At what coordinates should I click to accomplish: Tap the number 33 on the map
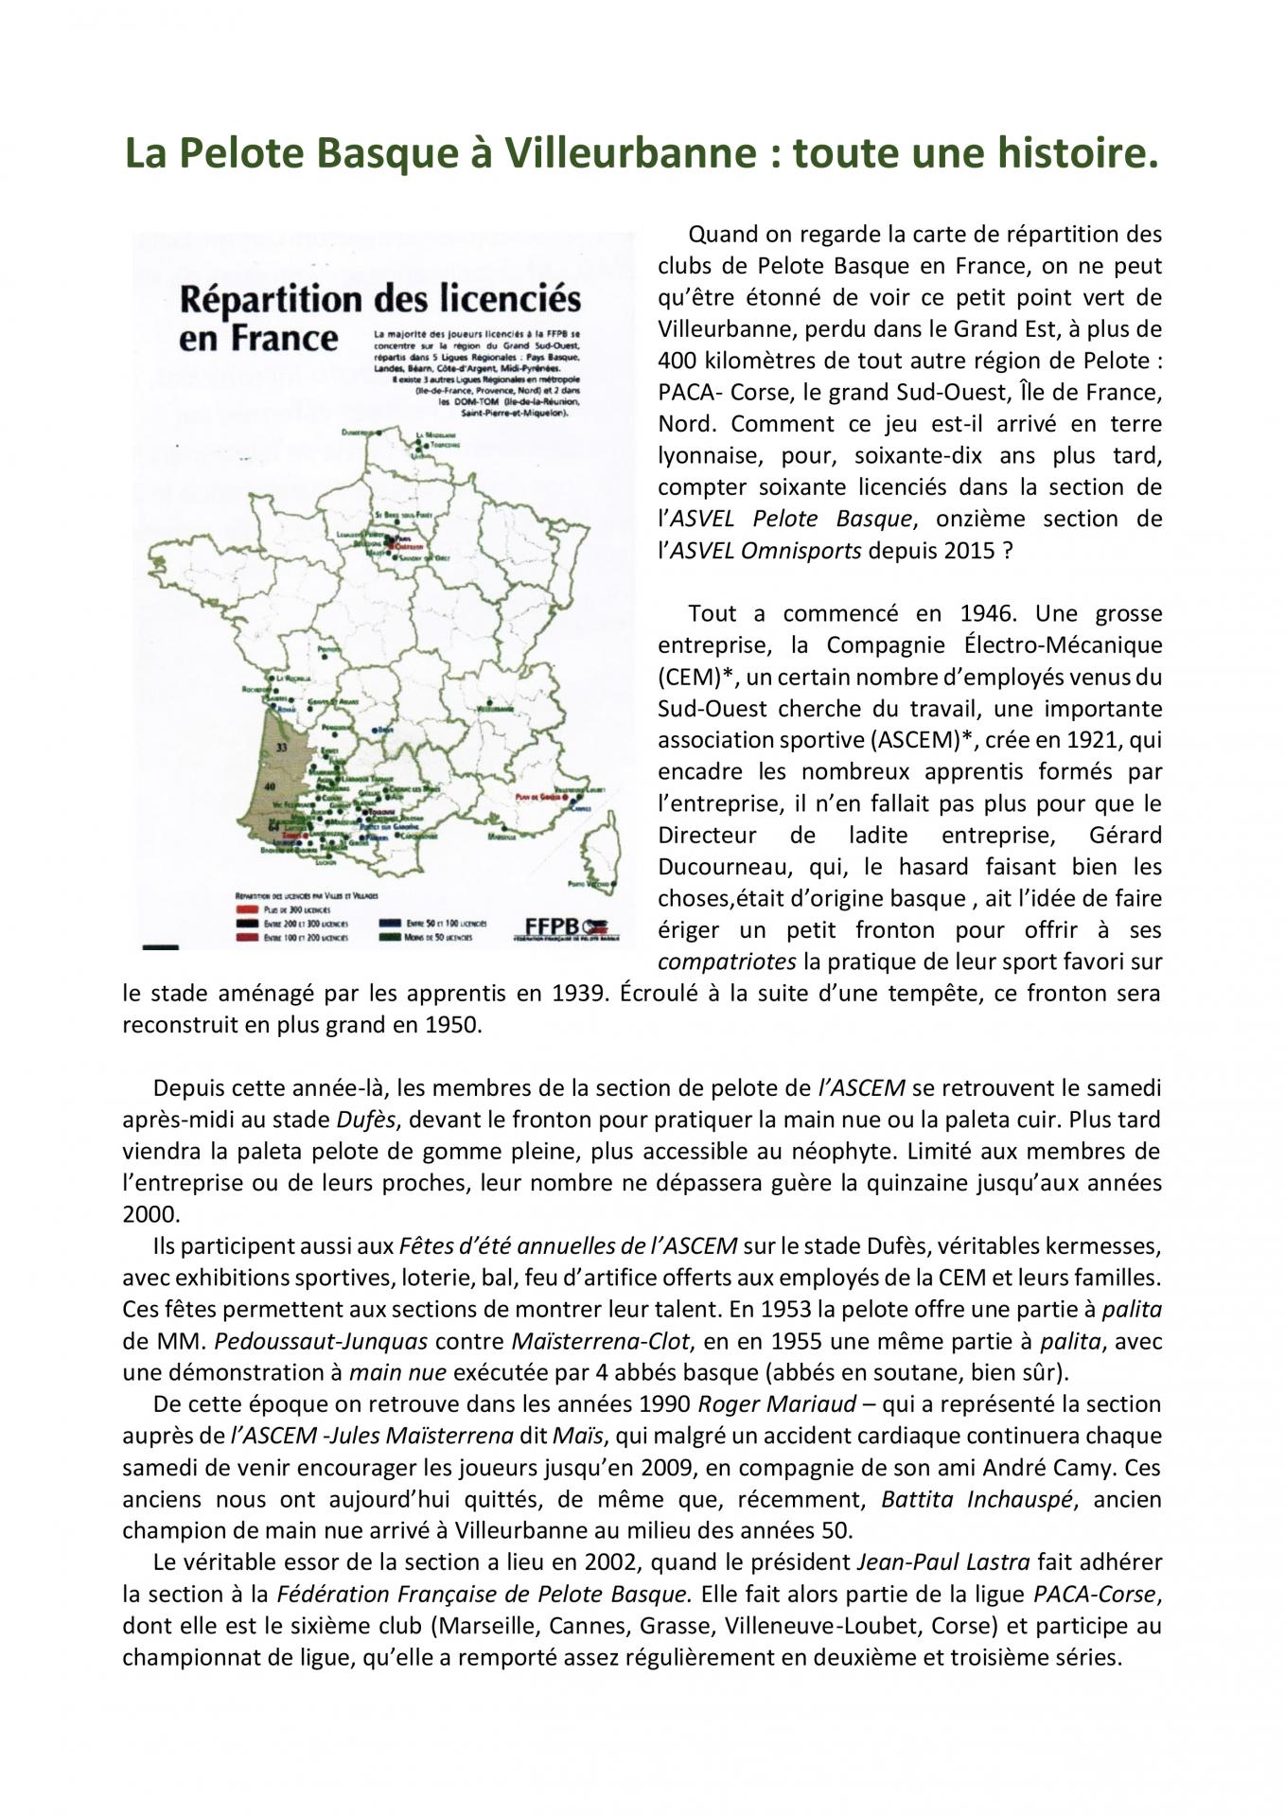point(281,747)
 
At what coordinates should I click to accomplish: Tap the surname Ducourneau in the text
point(719,867)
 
